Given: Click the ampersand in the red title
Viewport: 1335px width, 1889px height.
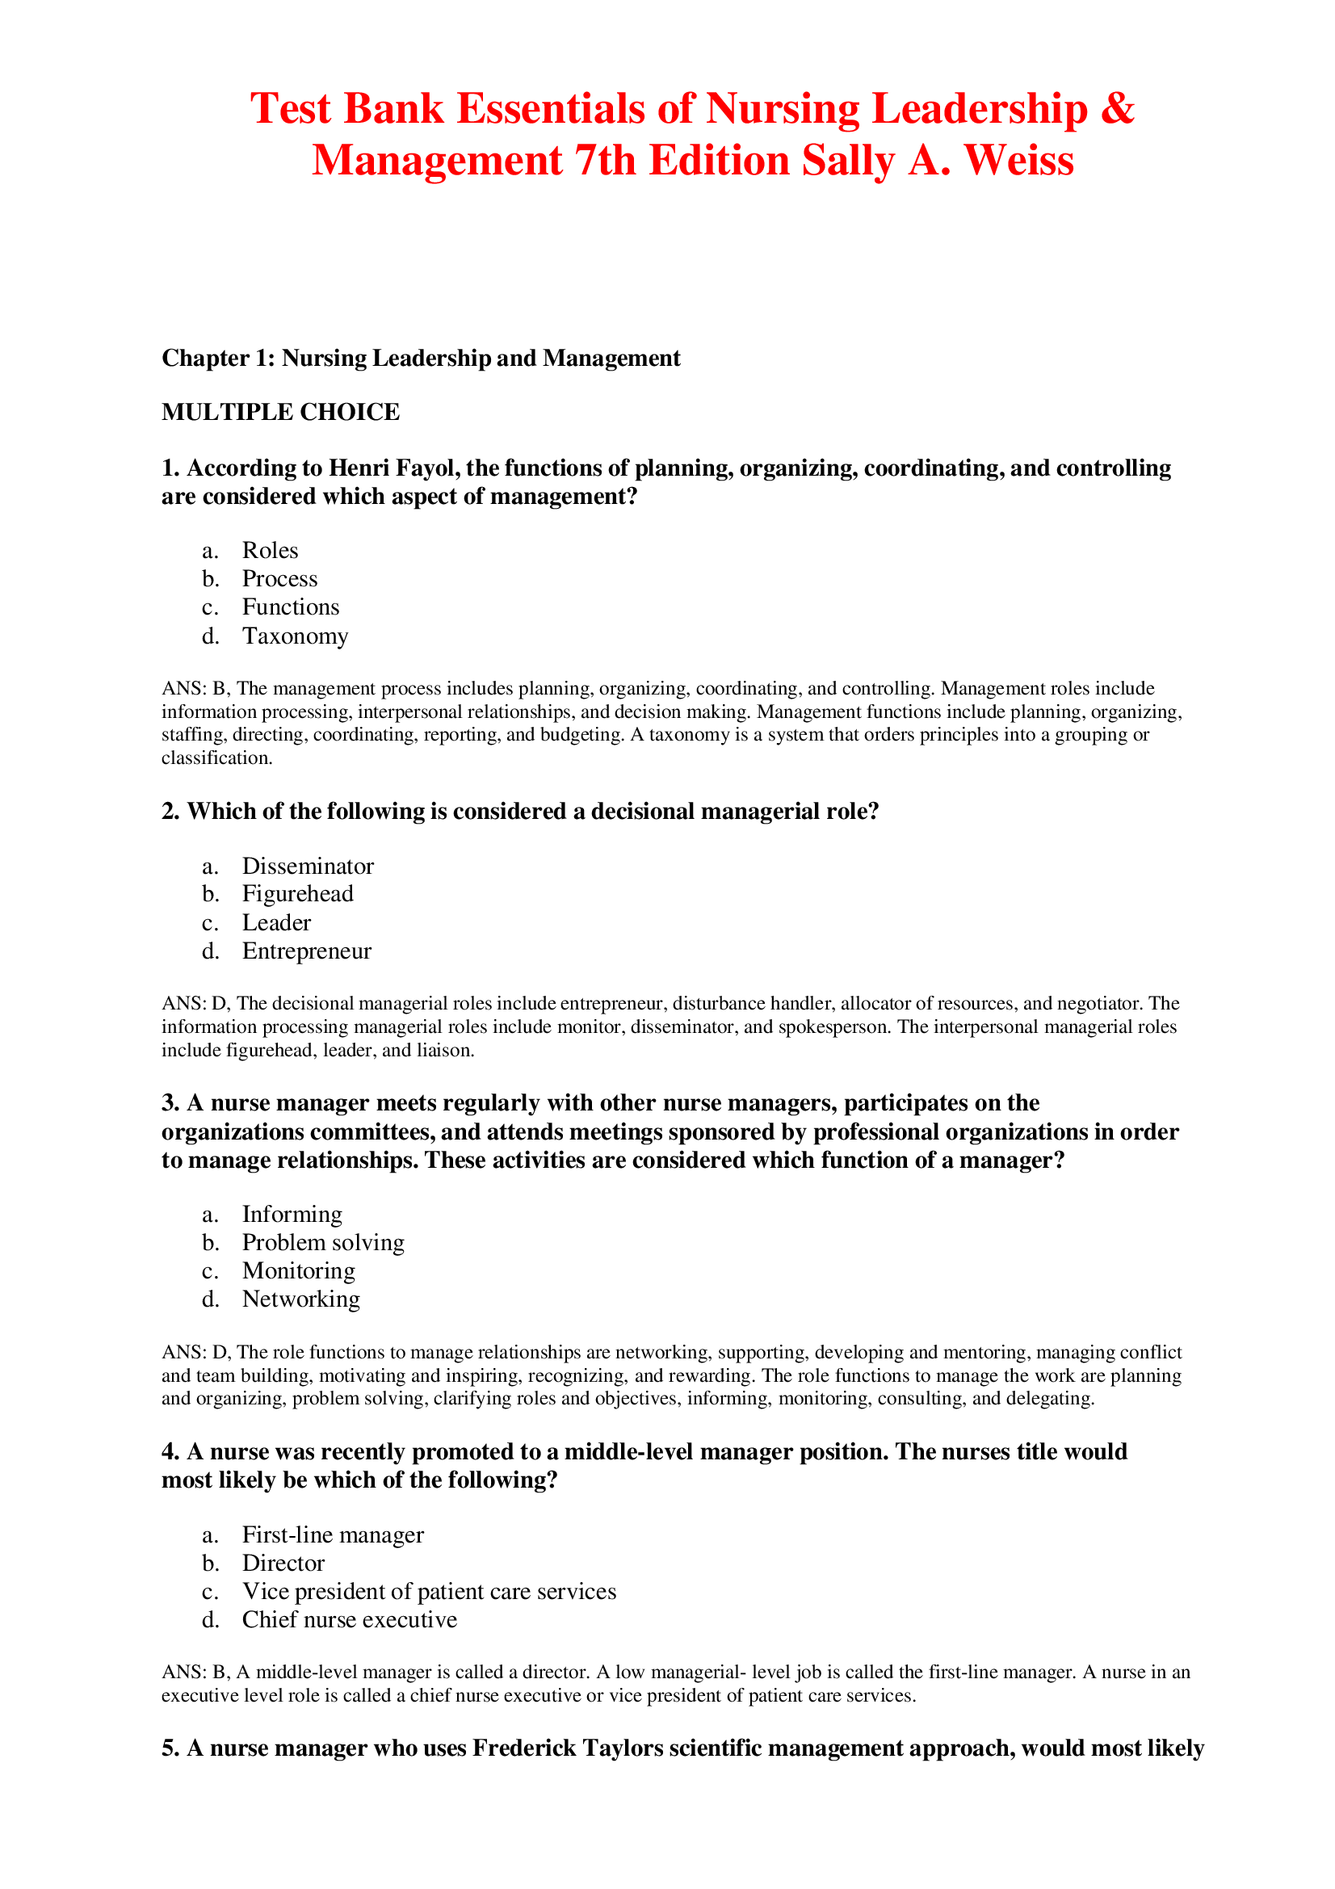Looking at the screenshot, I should click(1116, 109).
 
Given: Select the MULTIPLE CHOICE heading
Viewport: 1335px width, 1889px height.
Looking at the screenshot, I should click(280, 412).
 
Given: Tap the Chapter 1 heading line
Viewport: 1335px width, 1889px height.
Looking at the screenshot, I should click(420, 359).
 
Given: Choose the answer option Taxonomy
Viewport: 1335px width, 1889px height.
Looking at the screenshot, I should click(295, 636).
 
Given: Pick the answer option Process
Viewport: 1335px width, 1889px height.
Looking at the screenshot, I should click(279, 579).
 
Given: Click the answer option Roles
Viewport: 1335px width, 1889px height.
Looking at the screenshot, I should click(270, 551).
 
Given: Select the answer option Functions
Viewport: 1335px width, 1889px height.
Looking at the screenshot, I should click(291, 607).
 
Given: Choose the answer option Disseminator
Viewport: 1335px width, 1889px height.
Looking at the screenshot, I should click(308, 867).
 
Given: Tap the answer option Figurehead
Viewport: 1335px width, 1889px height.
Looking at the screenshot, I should click(298, 894).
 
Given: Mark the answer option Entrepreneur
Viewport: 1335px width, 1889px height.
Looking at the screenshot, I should click(307, 951).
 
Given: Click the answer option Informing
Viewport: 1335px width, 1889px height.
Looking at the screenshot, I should click(292, 1215).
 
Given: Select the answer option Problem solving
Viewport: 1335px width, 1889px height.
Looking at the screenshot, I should click(323, 1242).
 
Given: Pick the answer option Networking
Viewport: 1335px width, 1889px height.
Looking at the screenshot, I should click(301, 1299).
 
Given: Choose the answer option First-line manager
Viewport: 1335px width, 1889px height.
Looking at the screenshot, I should click(333, 1535).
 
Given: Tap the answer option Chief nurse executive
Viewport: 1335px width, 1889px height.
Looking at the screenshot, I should click(350, 1620).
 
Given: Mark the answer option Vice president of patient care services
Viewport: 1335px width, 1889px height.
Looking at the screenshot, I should click(429, 1592).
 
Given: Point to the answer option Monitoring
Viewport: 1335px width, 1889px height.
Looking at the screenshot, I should click(299, 1271).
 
